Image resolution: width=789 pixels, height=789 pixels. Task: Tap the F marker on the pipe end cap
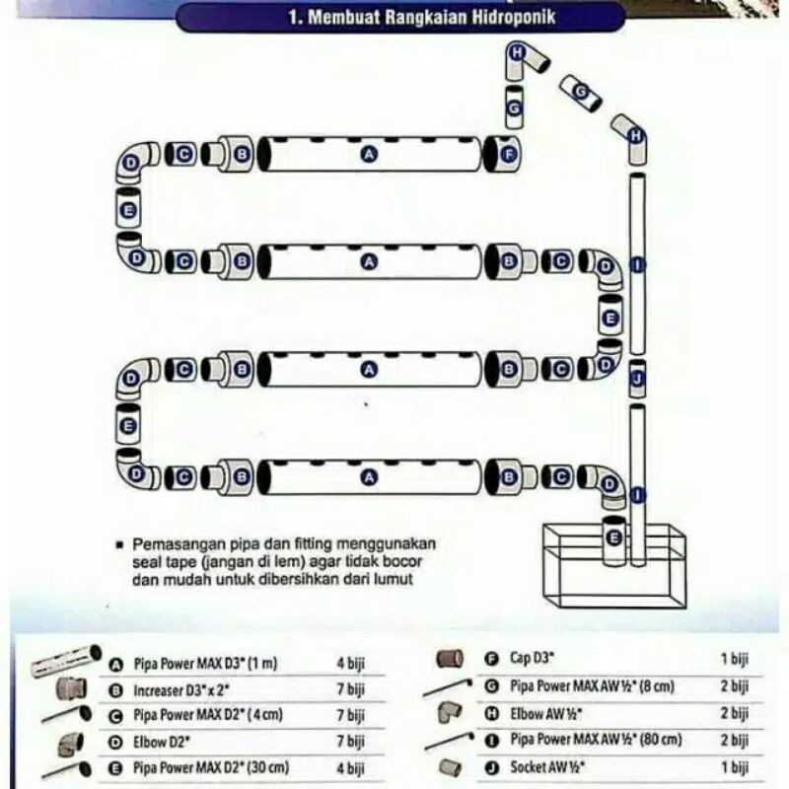(x=509, y=154)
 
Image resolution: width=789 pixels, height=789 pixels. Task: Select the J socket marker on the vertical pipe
(x=637, y=378)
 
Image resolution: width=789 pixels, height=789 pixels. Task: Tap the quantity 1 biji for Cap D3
(x=735, y=658)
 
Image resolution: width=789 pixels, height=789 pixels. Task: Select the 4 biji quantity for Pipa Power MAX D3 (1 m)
(x=350, y=665)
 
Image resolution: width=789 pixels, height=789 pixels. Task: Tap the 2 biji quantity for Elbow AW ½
(x=735, y=711)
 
